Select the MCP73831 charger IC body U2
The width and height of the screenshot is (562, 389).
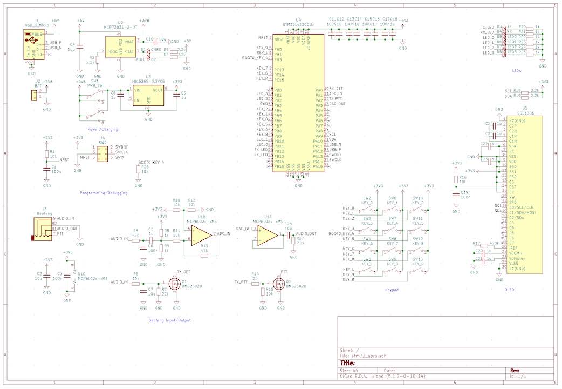tap(120, 47)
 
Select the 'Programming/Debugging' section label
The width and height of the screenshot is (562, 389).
tap(104, 193)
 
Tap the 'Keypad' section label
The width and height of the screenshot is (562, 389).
tap(392, 290)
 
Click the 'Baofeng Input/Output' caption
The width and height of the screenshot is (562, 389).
tap(169, 320)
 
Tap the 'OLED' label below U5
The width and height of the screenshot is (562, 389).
tap(509, 290)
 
